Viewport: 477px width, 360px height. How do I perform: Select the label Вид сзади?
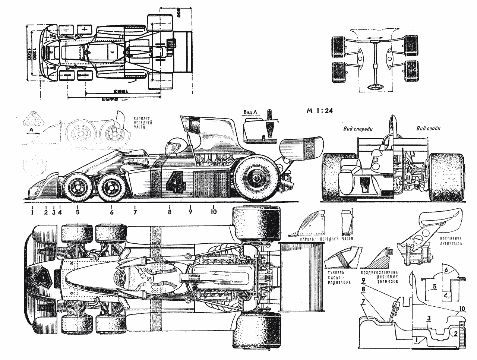[x=429, y=129]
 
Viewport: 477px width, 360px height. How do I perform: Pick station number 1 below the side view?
[x=32, y=212]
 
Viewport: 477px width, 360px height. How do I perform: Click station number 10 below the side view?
[x=214, y=212]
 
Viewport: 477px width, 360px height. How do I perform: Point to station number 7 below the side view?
[x=135, y=212]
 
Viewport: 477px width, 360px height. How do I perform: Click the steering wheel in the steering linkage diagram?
[x=374, y=87]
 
